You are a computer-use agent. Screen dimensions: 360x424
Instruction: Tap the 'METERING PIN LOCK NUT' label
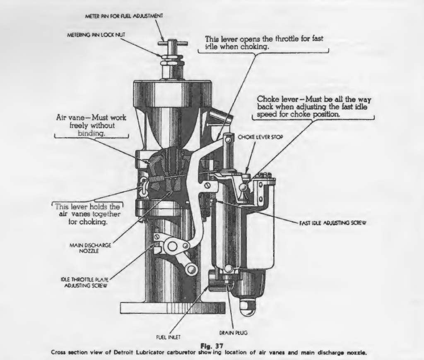tap(96, 36)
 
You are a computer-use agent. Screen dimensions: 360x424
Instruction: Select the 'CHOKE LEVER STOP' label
tap(260, 137)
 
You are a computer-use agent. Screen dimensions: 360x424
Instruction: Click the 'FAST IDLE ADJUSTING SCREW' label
tap(332, 222)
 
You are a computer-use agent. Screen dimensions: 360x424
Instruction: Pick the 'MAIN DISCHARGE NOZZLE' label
tap(90, 247)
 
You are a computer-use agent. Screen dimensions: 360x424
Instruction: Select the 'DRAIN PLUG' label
tap(234, 332)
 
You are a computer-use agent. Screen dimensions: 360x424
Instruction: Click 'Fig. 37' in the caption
tap(212, 346)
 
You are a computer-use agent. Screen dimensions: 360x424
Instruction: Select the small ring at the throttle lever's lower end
tap(191, 270)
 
